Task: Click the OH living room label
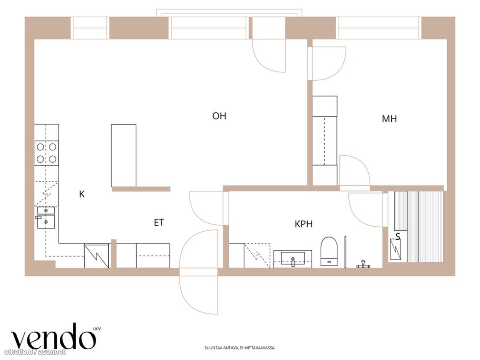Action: tap(219, 116)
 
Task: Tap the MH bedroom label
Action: tap(389, 119)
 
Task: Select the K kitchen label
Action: tap(82, 194)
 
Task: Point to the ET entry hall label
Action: tap(159, 222)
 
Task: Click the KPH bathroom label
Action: tap(304, 224)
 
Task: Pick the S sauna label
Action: tap(398, 236)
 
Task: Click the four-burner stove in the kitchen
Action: tap(47, 153)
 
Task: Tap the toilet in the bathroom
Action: tap(329, 251)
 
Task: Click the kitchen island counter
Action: tap(123, 156)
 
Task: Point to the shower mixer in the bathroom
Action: tap(363, 264)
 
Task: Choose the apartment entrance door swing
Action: tap(199, 272)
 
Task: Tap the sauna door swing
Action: tap(366, 210)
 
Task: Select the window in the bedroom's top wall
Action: tap(379, 28)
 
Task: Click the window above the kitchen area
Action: tap(90, 28)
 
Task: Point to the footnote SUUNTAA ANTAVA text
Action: tap(240, 348)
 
